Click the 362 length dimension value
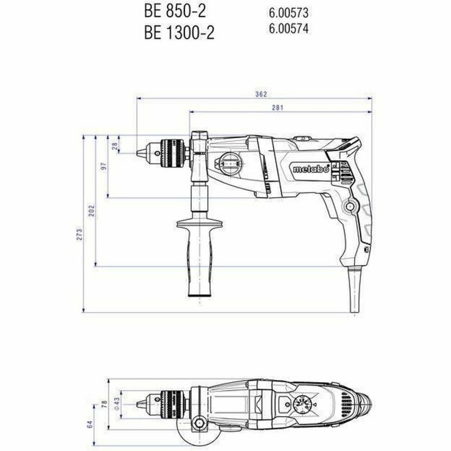click(x=260, y=94)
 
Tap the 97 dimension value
click(x=104, y=168)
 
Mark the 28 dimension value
click(x=115, y=145)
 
